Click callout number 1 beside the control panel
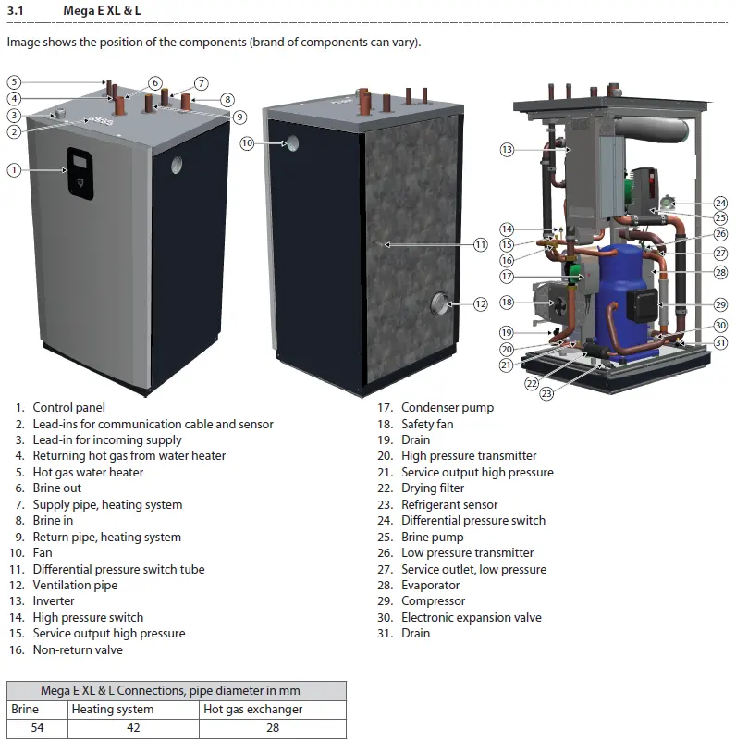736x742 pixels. coord(14,170)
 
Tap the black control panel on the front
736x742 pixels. coord(80,173)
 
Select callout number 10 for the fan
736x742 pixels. coord(248,142)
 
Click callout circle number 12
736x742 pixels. coord(481,303)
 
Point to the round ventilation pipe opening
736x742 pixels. coord(441,303)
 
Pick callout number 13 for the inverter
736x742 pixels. coord(507,150)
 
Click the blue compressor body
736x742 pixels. coord(619,298)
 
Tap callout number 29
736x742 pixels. coord(720,304)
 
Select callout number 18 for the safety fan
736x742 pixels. coord(507,302)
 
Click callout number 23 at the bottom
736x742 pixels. coord(546,393)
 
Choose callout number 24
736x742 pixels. coord(720,203)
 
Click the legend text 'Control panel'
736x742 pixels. coord(69,407)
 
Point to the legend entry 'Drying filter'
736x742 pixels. coord(433,488)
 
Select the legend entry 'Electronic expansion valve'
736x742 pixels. coord(472,617)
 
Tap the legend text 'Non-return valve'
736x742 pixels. coord(78,649)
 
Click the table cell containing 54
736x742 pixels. coord(37,728)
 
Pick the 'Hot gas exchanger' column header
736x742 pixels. coord(253,709)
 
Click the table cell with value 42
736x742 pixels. coord(133,728)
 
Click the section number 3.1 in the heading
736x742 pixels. coord(15,10)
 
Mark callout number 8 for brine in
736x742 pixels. coord(227,99)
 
